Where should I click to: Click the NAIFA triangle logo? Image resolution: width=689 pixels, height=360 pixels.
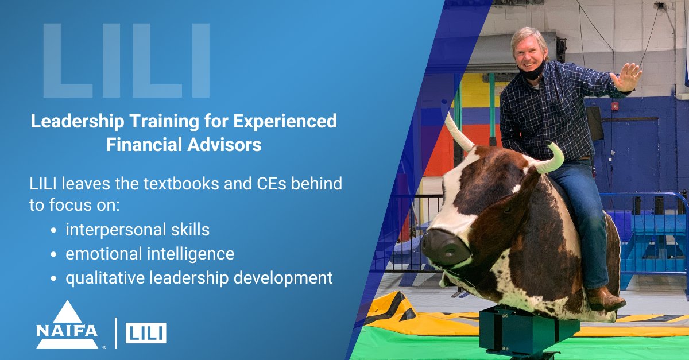point(67,324)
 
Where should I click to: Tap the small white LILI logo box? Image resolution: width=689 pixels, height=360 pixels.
point(146,333)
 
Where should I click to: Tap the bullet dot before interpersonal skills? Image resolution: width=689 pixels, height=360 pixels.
point(53,230)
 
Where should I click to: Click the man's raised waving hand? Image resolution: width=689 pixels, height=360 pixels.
point(627,77)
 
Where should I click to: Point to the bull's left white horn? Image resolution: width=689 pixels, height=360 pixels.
point(458,132)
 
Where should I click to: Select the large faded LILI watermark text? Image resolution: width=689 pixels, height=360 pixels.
point(126,60)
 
